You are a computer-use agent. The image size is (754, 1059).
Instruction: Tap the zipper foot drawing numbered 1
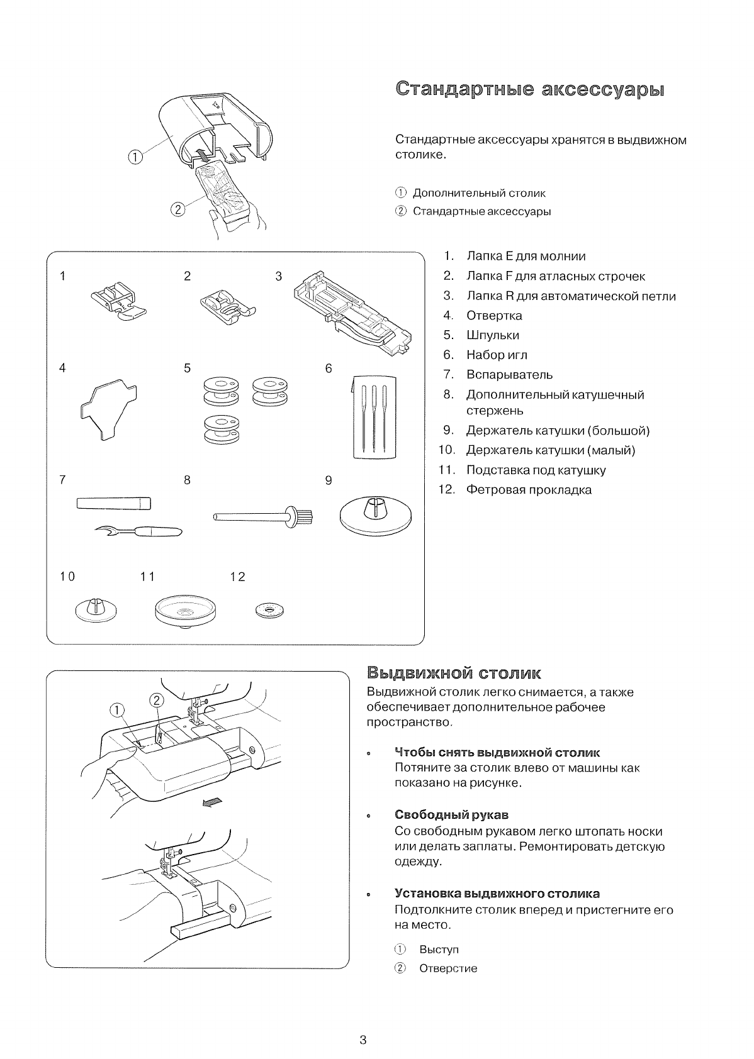click(118, 300)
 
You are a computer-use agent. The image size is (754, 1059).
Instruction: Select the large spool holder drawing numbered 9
click(375, 513)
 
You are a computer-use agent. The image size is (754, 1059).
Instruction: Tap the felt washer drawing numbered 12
click(270, 609)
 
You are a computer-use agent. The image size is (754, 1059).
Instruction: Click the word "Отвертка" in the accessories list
click(494, 316)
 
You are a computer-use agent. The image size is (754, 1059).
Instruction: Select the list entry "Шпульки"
click(493, 335)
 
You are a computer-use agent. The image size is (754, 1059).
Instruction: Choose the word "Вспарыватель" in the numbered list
click(509, 375)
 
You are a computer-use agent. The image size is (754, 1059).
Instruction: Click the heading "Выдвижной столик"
click(453, 674)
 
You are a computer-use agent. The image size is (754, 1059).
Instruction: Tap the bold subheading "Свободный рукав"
click(451, 816)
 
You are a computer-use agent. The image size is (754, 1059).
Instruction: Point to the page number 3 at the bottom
click(363, 1040)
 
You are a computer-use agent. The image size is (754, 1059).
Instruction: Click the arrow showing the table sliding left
click(211, 802)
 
